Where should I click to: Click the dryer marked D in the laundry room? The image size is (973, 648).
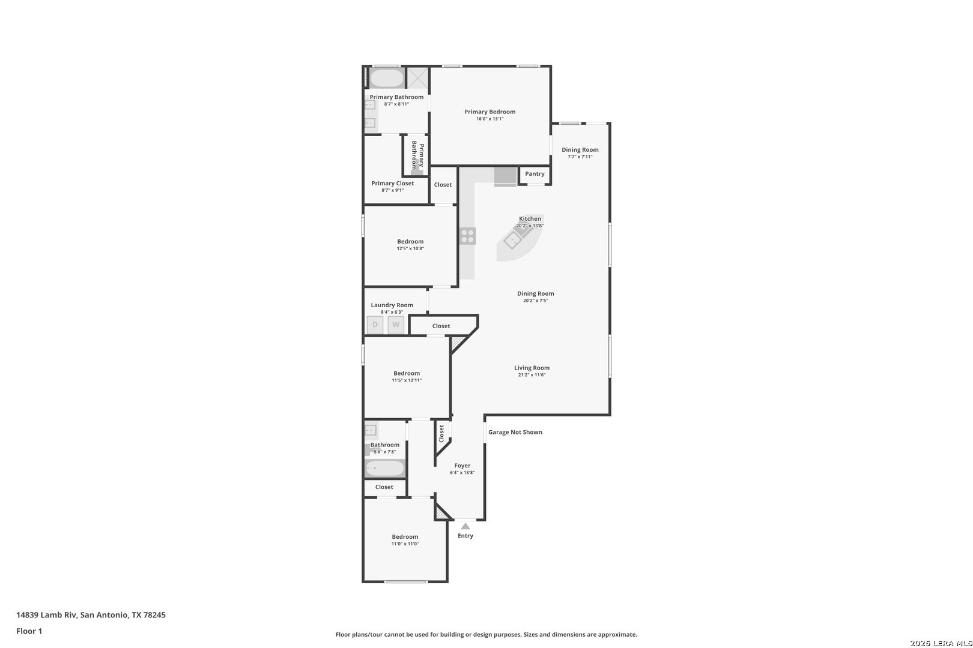pyautogui.click(x=375, y=325)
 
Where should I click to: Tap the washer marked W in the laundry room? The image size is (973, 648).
pyautogui.click(x=396, y=325)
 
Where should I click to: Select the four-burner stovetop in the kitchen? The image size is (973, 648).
pyautogui.click(x=467, y=236)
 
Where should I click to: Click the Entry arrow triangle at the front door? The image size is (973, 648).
pyautogui.click(x=465, y=526)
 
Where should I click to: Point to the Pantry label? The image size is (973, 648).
pyautogui.click(x=535, y=174)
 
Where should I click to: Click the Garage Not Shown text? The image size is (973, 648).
pyautogui.click(x=515, y=432)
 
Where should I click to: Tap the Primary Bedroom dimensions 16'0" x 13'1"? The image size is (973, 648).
pyautogui.click(x=490, y=119)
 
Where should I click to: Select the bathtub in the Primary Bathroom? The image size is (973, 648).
pyautogui.click(x=386, y=79)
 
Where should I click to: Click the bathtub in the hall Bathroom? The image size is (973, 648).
pyautogui.click(x=385, y=468)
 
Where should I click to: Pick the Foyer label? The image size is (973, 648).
pyautogui.click(x=462, y=466)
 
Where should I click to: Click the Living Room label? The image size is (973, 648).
pyautogui.click(x=532, y=368)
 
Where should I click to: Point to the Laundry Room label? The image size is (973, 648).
pyautogui.click(x=392, y=305)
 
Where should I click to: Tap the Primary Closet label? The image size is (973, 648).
pyautogui.click(x=392, y=183)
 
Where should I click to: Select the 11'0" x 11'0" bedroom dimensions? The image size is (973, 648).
pyautogui.click(x=405, y=544)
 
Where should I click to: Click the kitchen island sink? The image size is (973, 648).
pyautogui.click(x=512, y=241)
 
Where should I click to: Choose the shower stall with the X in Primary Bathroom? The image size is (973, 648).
pyautogui.click(x=418, y=78)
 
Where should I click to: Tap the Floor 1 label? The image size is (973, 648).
pyautogui.click(x=29, y=631)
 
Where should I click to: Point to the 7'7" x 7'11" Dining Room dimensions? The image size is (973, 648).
pyautogui.click(x=580, y=157)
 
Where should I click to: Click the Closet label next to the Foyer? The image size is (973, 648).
pyautogui.click(x=441, y=433)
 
